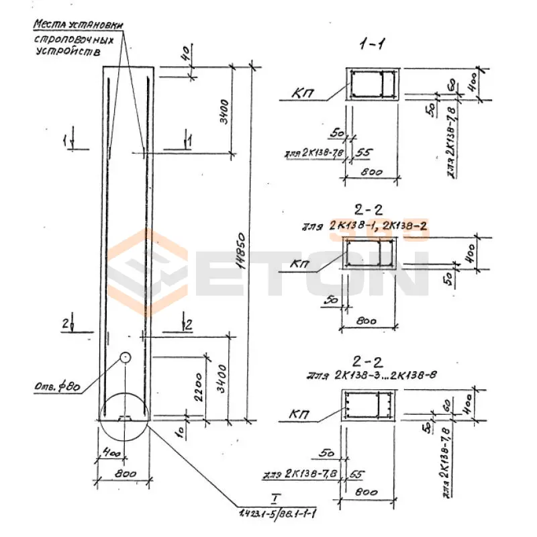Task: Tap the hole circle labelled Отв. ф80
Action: [x=125, y=358]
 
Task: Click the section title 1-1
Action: [x=371, y=45]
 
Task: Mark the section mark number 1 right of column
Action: [x=189, y=140]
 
